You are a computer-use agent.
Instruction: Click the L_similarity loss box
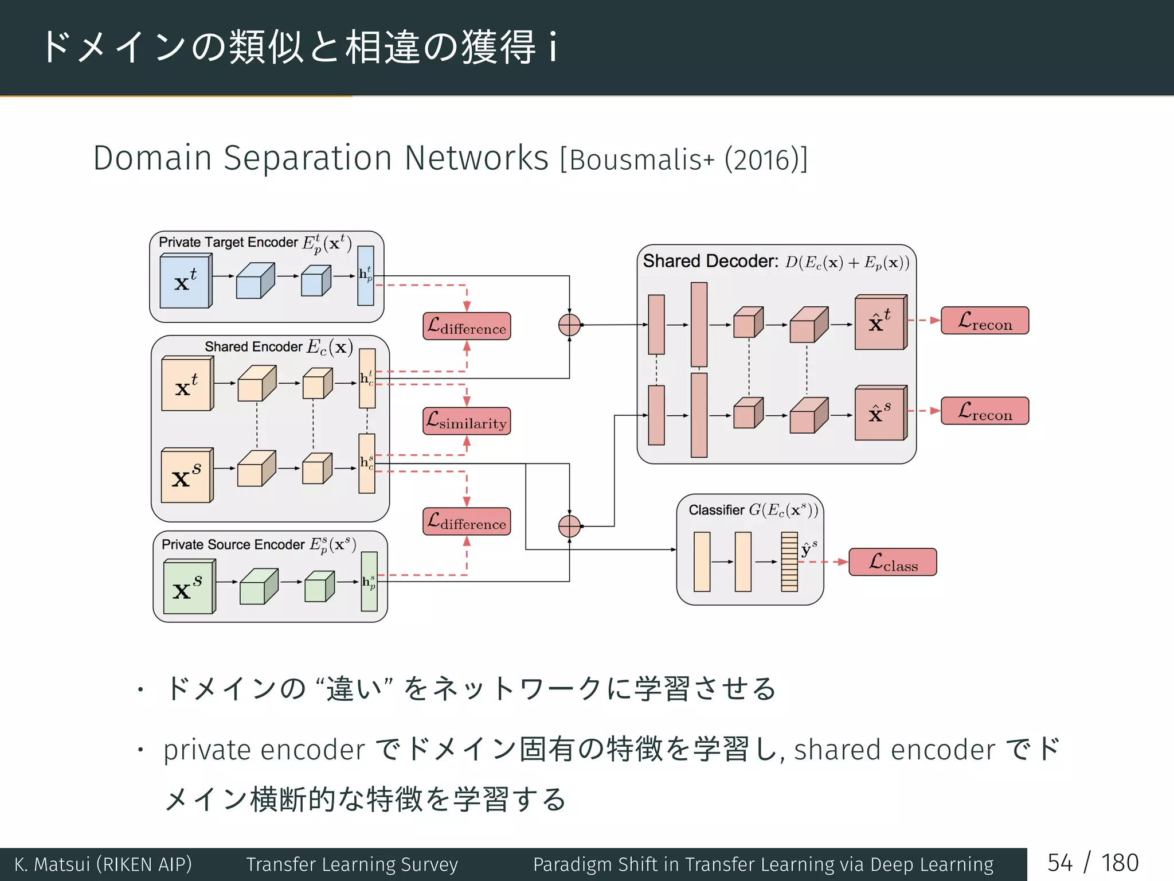tap(467, 421)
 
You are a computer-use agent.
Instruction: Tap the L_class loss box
tap(893, 562)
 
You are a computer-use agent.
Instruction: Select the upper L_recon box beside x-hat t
tap(985, 321)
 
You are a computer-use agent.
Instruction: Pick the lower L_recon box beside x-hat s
tap(985, 411)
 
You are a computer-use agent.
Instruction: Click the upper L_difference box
tap(467, 326)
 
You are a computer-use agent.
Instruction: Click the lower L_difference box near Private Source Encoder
tap(467, 521)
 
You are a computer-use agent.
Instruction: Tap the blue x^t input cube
tap(185, 282)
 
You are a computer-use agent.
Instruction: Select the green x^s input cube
tap(188, 588)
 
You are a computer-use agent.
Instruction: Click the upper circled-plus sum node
tap(569, 325)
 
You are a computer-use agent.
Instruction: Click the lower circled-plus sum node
tap(569, 526)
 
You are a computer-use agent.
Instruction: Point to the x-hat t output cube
tap(879, 323)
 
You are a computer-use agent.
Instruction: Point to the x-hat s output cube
tap(879, 413)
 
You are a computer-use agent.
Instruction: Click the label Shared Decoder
tap(710, 262)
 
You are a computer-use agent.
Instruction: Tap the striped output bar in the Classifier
tap(789, 562)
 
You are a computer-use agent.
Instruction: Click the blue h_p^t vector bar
tap(366, 276)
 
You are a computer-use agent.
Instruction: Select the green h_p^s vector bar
tap(369, 582)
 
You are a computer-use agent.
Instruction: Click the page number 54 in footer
tap(1060, 863)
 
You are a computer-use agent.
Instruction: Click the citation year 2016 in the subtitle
tap(765, 160)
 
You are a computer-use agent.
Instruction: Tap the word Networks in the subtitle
tap(476, 158)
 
